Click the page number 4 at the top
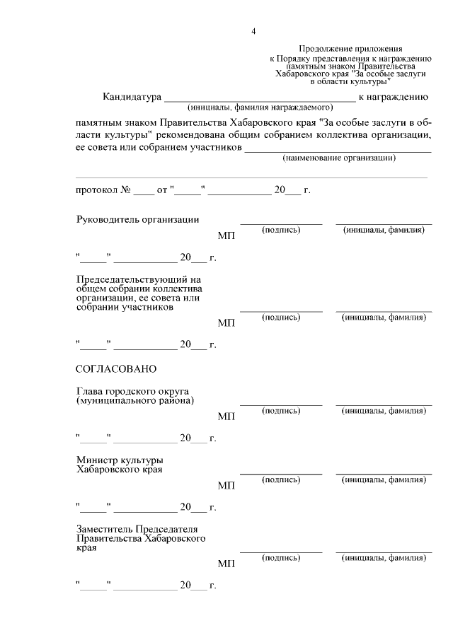253,31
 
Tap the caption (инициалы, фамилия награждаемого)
260,108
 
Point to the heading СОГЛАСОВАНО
115,369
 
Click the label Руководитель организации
137,219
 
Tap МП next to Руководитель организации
226,235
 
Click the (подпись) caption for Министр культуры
281,479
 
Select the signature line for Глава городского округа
281,405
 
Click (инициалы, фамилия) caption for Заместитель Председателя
384,558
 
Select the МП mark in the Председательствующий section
226,322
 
